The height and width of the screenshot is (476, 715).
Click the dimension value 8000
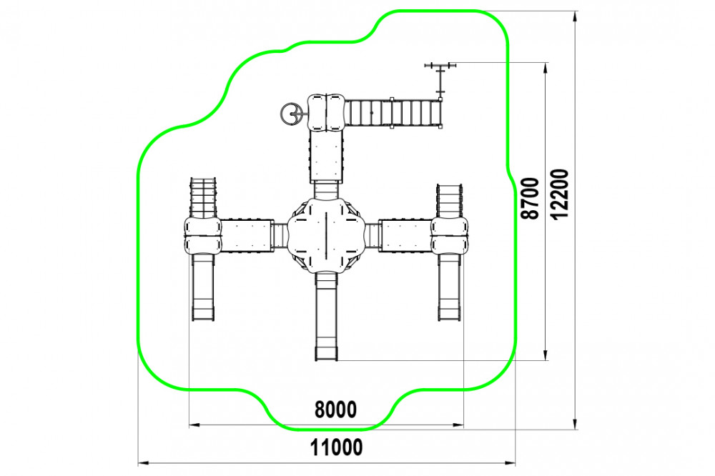point(335,410)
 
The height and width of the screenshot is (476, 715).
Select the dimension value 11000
point(337,447)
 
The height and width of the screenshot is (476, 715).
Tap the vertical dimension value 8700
point(531,199)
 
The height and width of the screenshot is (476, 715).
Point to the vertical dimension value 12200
point(560,194)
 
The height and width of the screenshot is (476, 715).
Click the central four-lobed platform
point(327,235)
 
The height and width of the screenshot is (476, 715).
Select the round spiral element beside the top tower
point(290,114)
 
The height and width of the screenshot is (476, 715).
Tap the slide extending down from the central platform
point(327,317)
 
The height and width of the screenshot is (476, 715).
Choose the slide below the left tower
point(203,287)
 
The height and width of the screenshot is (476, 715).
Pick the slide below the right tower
point(450,287)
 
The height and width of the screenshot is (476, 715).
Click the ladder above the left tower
point(203,198)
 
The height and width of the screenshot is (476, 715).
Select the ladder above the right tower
point(450,201)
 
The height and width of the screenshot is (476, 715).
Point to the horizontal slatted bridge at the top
point(393,113)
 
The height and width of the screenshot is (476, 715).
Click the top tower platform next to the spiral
point(325,113)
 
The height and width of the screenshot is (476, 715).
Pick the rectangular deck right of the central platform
point(405,235)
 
